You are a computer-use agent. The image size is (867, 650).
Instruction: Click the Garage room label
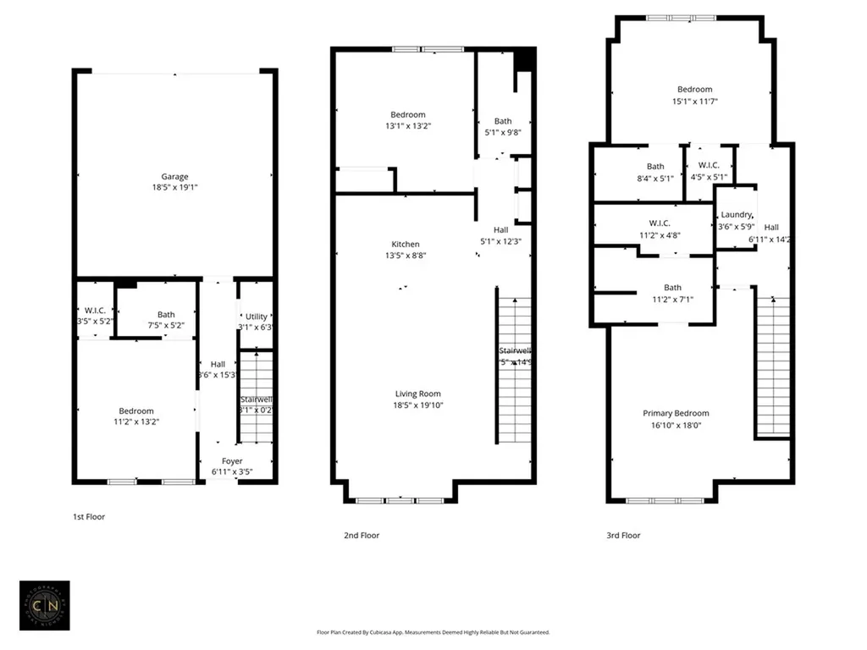click(174, 177)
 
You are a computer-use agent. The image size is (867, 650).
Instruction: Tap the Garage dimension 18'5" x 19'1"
click(174, 188)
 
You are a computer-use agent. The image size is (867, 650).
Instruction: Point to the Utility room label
click(256, 317)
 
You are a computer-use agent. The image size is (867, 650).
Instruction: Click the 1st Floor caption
click(89, 516)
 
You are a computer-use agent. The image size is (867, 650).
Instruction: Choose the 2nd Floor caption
click(362, 535)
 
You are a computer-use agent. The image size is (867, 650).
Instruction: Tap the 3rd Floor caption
click(623, 535)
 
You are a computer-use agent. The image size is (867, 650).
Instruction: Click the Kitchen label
click(405, 245)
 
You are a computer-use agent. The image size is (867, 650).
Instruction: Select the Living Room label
click(417, 394)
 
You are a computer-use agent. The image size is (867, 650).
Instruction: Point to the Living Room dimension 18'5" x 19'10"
click(417, 405)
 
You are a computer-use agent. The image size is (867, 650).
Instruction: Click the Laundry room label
click(736, 215)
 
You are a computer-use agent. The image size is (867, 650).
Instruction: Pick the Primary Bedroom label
click(676, 413)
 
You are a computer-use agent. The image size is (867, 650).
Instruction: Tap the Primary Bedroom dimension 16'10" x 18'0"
click(676, 425)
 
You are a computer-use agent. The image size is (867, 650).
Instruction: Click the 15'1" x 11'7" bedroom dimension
click(694, 101)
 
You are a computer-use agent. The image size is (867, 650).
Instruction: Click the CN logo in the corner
click(44, 605)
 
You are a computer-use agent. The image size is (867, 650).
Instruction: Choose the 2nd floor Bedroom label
click(407, 115)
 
